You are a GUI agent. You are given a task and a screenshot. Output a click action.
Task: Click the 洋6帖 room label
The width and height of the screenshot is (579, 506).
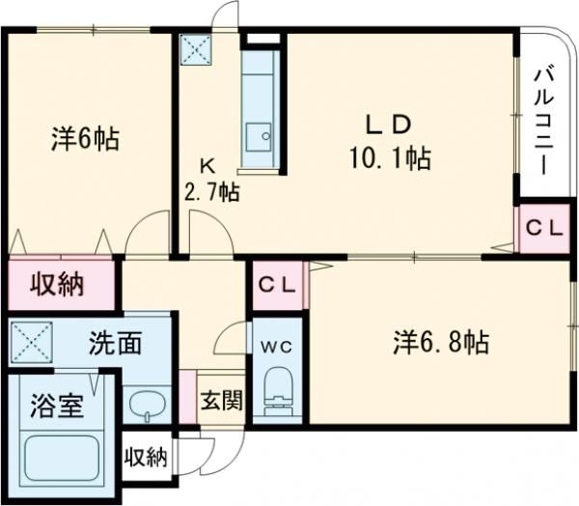pos(85,139)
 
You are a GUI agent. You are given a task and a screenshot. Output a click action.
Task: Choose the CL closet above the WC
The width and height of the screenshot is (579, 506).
pos(279,287)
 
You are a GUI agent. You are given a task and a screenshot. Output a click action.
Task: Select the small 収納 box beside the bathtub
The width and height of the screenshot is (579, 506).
pos(146,457)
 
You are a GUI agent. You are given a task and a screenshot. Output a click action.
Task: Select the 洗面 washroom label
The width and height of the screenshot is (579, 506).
pos(118,343)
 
